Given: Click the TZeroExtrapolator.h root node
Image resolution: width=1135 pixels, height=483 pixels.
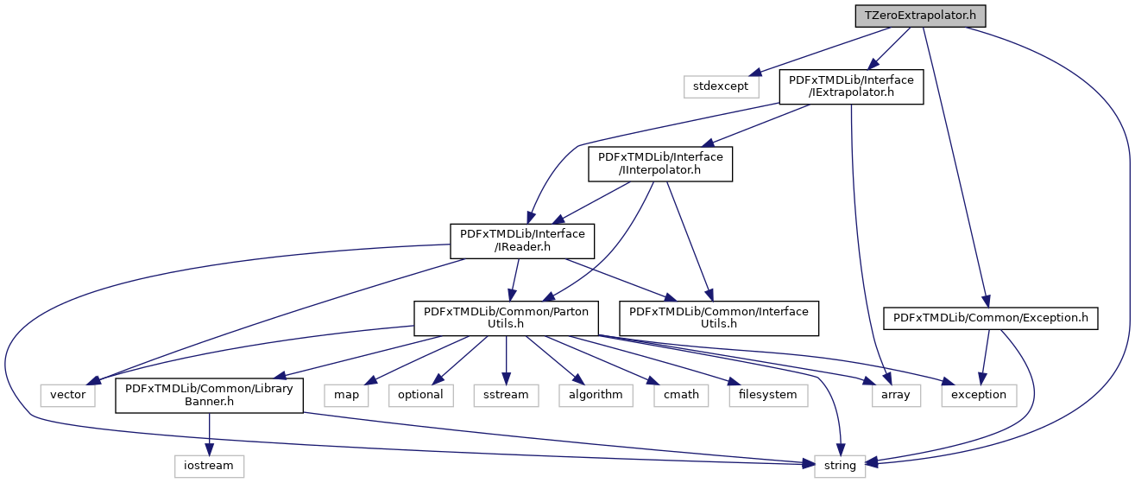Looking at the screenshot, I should (x=920, y=16).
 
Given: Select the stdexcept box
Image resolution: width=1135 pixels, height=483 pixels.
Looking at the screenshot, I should (x=722, y=86).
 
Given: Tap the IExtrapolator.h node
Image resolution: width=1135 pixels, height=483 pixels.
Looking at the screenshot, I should (x=852, y=86).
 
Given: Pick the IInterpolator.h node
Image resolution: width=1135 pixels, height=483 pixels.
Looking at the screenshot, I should (x=660, y=163).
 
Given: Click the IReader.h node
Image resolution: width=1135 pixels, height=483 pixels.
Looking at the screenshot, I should (x=522, y=241).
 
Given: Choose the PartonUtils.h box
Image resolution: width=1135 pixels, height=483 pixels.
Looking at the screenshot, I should (x=506, y=318).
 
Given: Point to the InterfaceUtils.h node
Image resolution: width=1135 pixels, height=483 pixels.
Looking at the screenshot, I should (x=718, y=318).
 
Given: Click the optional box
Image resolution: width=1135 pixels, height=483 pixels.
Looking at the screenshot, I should (x=420, y=394).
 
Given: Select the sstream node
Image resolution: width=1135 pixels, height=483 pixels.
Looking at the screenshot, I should (x=506, y=394).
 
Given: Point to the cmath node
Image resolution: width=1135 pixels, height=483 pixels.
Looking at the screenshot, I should (x=682, y=394).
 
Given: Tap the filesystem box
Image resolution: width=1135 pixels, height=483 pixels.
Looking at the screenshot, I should (x=767, y=394).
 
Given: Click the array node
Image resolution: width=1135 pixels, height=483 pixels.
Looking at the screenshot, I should (x=891, y=394).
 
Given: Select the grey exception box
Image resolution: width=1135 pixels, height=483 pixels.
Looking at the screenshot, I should (x=979, y=394).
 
